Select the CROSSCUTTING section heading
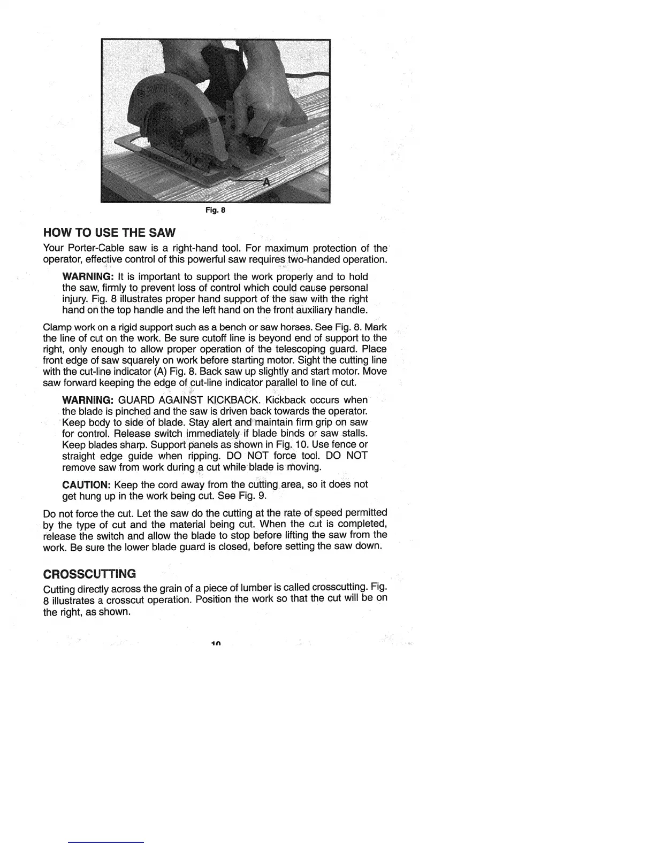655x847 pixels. [89, 574]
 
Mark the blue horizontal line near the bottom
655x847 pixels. [106, 842]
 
